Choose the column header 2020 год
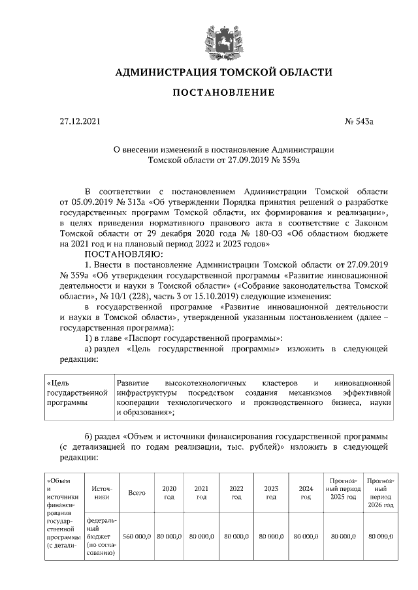pyautogui.click(x=169, y=493)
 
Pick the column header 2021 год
pyautogui.click(x=201, y=493)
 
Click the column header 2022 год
pyautogui.click(x=236, y=493)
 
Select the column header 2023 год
pyautogui.click(x=270, y=493)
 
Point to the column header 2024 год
pyautogui.click(x=305, y=493)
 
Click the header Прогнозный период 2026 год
pyautogui.click(x=380, y=493)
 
